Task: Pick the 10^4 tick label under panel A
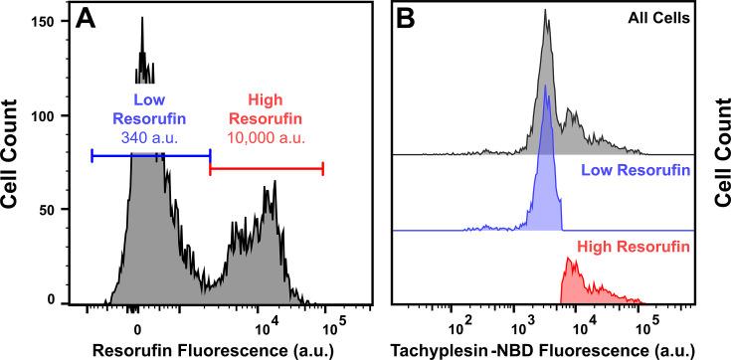click(265, 325)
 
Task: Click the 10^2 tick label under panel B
click(459, 325)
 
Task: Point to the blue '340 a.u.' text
click(151, 134)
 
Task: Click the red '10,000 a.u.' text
click(265, 134)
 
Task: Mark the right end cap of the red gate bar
click(322, 170)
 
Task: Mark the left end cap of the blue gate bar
click(91, 155)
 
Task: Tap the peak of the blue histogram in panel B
click(545, 87)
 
